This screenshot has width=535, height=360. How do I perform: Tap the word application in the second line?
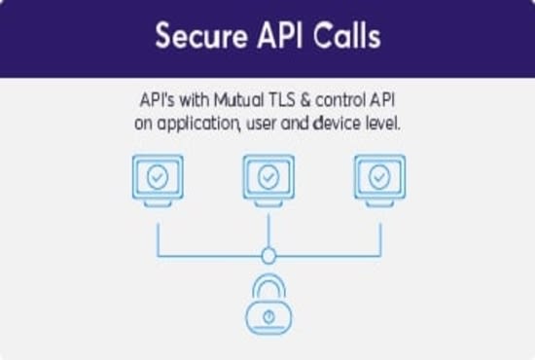196,125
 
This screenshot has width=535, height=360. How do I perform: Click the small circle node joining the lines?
268,256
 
